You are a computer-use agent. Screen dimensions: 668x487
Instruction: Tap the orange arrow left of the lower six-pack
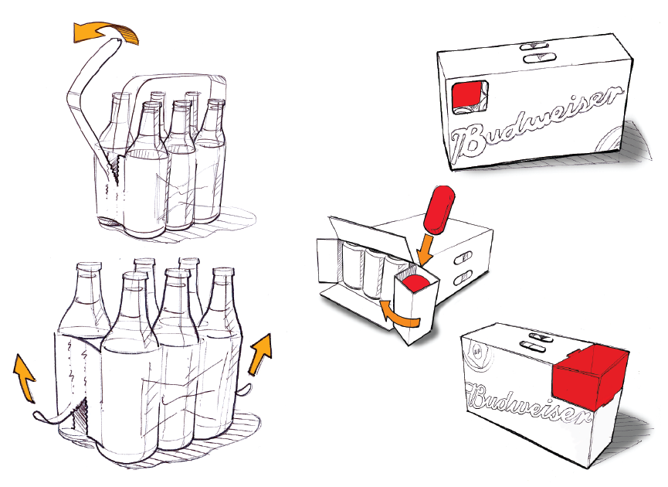[24, 377]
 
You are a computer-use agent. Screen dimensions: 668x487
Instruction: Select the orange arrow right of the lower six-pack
[260, 354]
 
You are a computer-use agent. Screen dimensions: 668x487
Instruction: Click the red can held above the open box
[439, 209]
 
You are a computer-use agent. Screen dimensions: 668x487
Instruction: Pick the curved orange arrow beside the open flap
[398, 315]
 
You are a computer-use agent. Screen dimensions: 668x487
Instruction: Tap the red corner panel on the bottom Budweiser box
[590, 376]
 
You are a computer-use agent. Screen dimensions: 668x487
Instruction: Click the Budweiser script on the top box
[537, 124]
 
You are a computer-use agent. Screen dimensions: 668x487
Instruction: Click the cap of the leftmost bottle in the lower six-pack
[90, 267]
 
